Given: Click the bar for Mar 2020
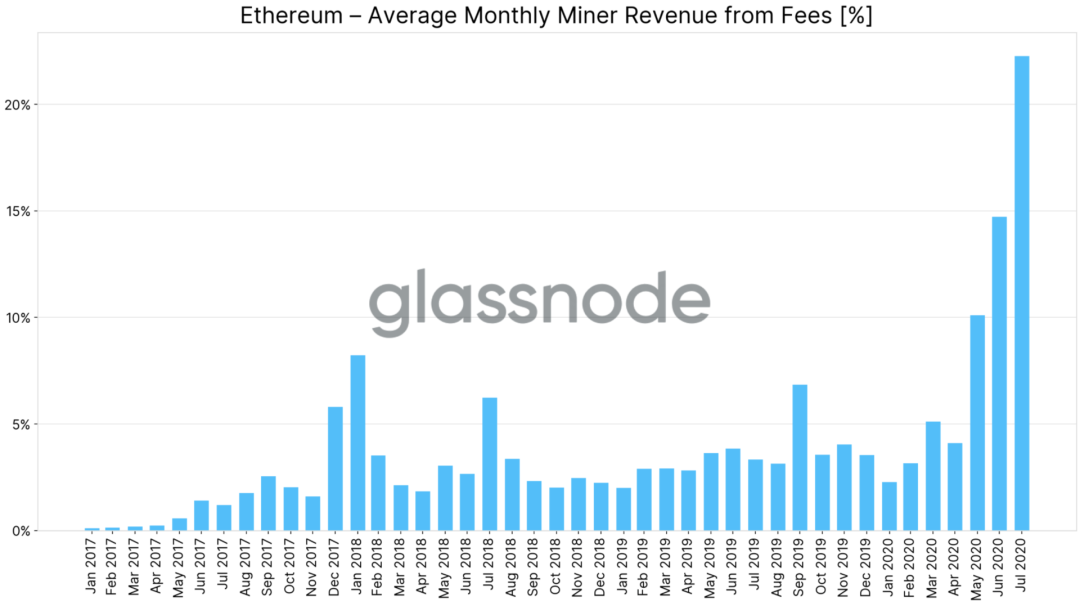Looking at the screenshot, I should point(932,475).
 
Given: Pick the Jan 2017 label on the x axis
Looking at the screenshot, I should point(92,569).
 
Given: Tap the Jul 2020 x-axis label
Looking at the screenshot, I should point(1021,569).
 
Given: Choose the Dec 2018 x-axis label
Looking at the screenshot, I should point(601,569).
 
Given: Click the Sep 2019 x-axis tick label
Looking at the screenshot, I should point(800,569).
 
